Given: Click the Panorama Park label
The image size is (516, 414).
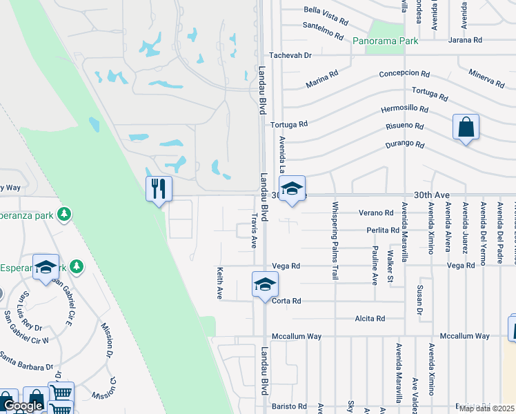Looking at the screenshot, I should pos(386,41).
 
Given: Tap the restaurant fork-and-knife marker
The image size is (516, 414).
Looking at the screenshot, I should pos(159,188).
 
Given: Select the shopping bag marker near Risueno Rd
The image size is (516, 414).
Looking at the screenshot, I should pos(466,128).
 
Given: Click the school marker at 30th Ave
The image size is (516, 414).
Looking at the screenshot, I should pos(292,188).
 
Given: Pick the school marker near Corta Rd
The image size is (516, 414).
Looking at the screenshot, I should pos(264,284).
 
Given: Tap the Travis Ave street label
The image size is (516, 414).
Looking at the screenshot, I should pos(254,230).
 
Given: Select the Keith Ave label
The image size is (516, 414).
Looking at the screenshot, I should pos(220,283).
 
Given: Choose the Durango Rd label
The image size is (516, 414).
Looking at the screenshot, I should pos(405,145).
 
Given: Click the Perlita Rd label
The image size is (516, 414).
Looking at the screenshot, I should pos(383,230).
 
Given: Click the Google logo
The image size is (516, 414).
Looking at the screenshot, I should pos(22,406).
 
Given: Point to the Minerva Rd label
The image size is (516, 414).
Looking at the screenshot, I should pos(486,78).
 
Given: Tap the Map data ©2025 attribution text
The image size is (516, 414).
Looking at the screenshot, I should pos(486,408).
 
